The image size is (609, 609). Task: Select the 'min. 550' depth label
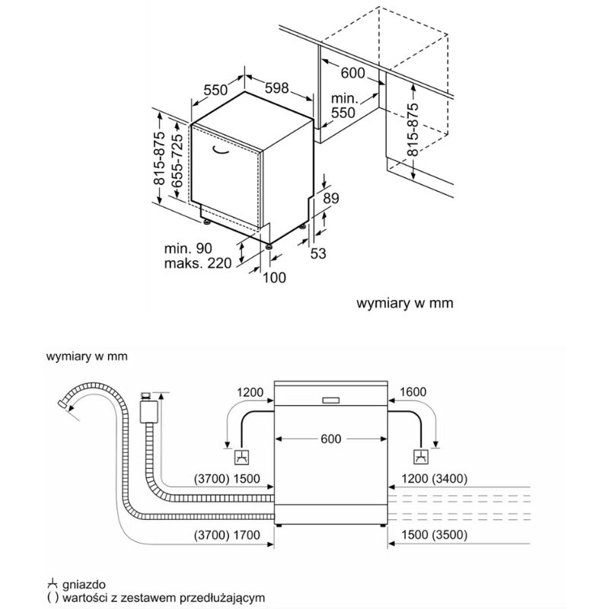344,105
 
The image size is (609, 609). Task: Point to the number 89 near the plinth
330,199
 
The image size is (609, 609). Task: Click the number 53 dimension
318,253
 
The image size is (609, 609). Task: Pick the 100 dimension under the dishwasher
274,278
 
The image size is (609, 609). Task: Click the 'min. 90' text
187,248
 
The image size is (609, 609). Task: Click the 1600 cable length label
412,392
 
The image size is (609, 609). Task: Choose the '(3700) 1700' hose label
228,534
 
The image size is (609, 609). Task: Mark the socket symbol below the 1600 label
419,458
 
